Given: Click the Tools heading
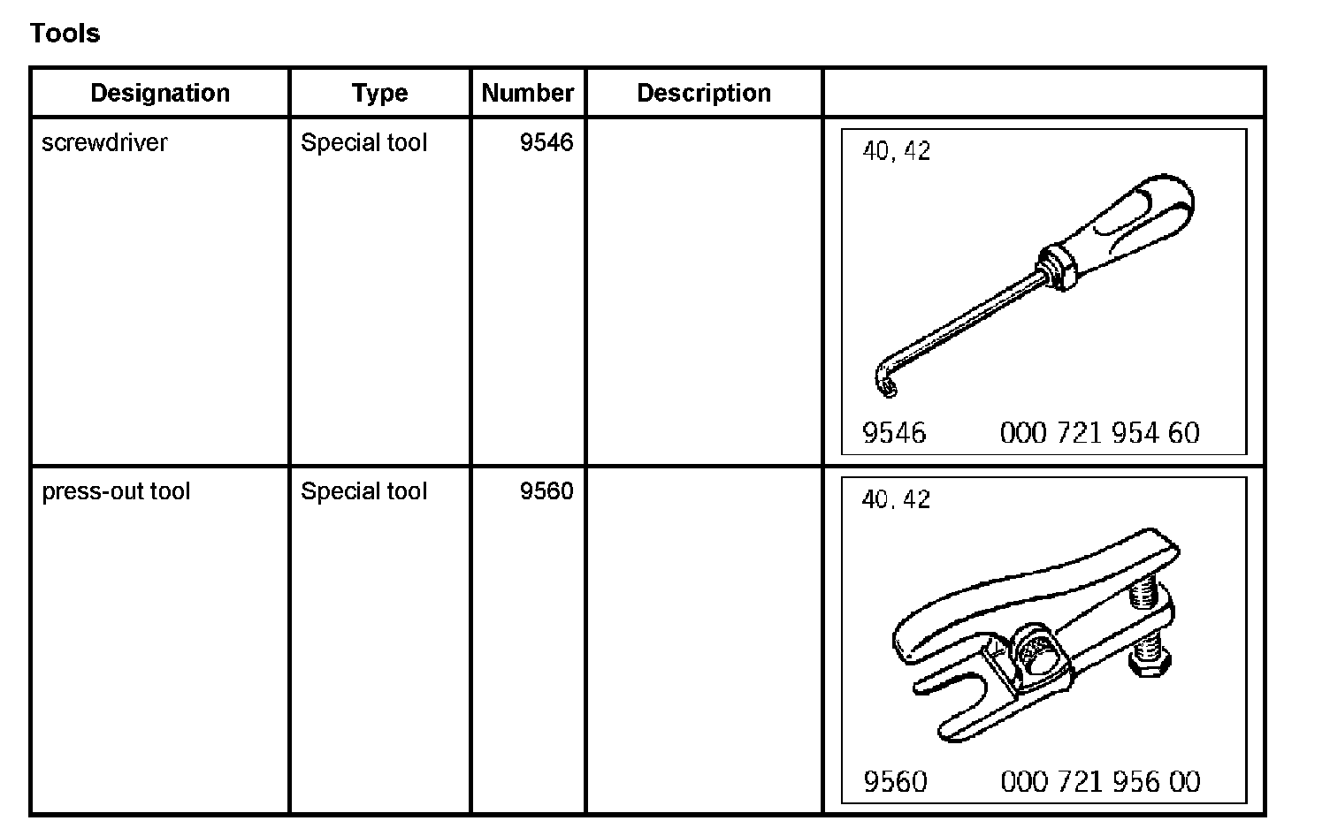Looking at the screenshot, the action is pyautogui.click(x=65, y=34).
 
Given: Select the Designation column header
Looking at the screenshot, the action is pyautogui.click(x=160, y=93).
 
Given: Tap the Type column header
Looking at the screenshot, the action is pyautogui.click(x=379, y=93).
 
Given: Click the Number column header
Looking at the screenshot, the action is pyautogui.click(x=528, y=93).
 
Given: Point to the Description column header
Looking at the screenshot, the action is pyautogui.click(x=704, y=93).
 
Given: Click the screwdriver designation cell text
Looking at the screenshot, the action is pyautogui.click(x=104, y=142).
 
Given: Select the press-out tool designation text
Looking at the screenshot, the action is pyautogui.click(x=116, y=491).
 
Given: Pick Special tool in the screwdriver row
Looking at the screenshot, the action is pyautogui.click(x=363, y=142).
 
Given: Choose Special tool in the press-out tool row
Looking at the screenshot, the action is pyautogui.click(x=363, y=491).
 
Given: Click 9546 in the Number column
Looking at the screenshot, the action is pyautogui.click(x=547, y=142).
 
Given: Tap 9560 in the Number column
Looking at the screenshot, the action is pyautogui.click(x=547, y=491).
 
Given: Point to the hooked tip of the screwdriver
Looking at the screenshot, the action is pyautogui.click(x=886, y=382).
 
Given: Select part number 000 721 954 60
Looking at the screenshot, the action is pyautogui.click(x=1099, y=433).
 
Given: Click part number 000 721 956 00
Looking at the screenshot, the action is pyautogui.click(x=1100, y=782).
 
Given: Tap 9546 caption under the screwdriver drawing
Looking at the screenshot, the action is pyautogui.click(x=894, y=433).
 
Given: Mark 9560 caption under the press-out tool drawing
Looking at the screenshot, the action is pyautogui.click(x=895, y=782).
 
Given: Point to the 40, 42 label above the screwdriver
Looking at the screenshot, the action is pyautogui.click(x=896, y=151).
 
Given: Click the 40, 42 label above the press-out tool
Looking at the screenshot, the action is pyautogui.click(x=896, y=500).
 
